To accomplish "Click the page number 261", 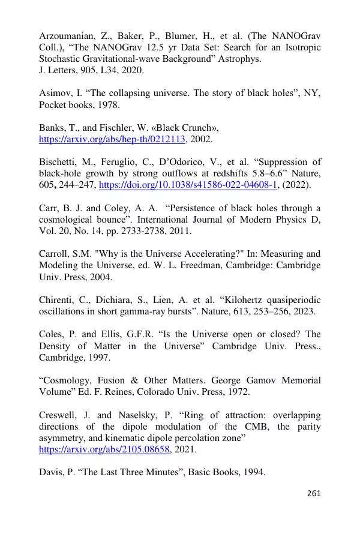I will coord(314,494).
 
